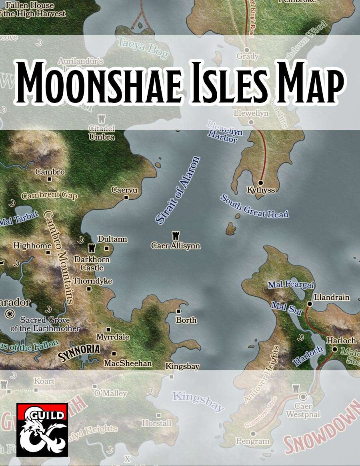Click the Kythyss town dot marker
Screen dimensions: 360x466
pos(260,183)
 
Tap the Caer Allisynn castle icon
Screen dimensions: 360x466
pos(175,235)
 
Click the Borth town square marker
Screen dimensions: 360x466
pos(178,311)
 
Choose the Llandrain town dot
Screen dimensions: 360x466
pos(309,304)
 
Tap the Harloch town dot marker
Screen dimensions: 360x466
pos(335,349)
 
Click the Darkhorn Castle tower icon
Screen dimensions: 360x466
pos(91,248)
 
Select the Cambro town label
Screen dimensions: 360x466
pos(50,172)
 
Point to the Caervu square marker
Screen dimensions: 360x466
pos(126,197)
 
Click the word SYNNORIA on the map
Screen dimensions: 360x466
pos(79,352)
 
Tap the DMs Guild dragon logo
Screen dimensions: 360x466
pos(42,430)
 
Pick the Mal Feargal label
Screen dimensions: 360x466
pos(291,285)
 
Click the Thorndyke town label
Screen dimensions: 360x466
pos(92,281)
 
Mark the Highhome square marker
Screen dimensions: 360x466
pos(48,253)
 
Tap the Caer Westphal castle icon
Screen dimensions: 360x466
pos(296,388)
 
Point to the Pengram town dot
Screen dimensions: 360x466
pos(253,434)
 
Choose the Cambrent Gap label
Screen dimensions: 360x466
pos(49,196)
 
